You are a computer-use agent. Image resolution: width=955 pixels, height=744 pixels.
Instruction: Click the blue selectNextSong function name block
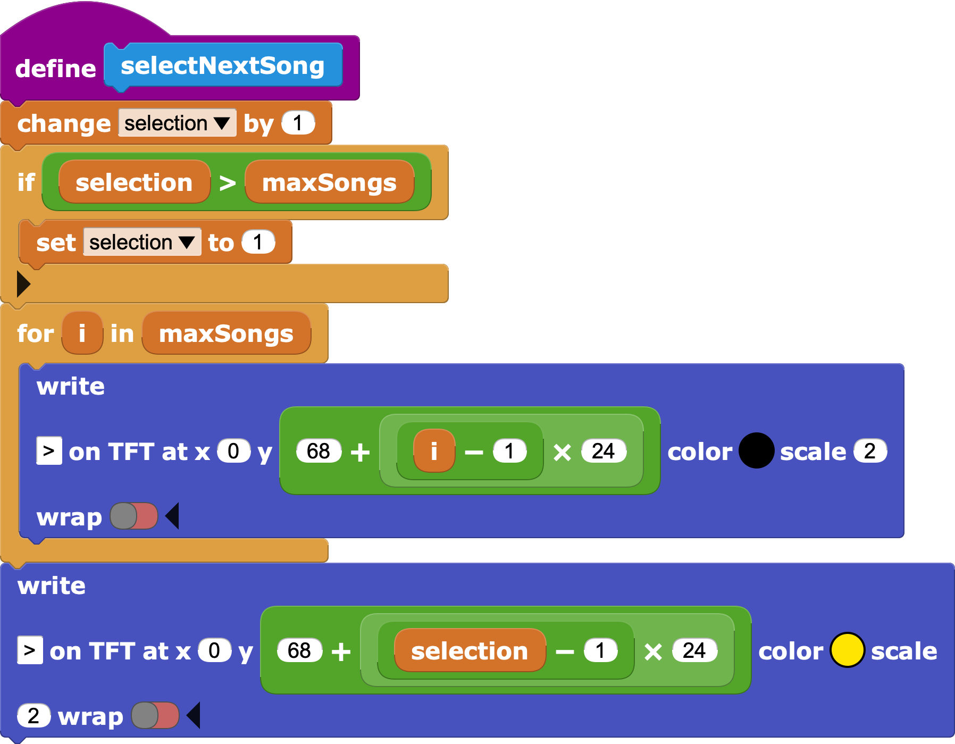coord(223,66)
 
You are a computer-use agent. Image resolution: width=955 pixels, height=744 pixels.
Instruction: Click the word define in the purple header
coord(55,69)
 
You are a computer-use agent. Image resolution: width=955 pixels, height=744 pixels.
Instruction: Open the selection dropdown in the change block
coord(177,123)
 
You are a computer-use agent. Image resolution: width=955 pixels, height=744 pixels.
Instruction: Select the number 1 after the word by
coord(298,123)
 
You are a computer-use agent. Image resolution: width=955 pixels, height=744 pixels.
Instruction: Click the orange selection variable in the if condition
coord(134,182)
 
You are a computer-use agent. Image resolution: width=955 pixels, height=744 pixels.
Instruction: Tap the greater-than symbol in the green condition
coord(228,183)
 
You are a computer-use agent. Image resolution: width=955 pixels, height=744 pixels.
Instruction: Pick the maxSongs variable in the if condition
coord(329,182)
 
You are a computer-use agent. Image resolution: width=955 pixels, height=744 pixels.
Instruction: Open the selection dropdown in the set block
coord(142,243)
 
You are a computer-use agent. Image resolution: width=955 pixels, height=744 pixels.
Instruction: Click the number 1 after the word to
coord(258,243)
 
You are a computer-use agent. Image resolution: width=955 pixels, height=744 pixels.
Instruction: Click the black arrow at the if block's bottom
coord(23,283)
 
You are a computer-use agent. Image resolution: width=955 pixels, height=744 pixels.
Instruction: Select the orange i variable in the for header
coord(82,333)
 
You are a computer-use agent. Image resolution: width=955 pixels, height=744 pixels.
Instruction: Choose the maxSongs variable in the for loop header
coord(226,333)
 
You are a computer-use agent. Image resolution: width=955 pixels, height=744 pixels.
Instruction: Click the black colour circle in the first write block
coord(756,451)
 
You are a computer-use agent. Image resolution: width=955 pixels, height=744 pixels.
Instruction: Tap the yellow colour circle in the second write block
coord(847,650)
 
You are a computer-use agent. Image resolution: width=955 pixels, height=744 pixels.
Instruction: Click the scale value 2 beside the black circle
coord(870,451)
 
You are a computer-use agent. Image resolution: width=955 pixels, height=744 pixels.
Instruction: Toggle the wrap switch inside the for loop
coord(134,516)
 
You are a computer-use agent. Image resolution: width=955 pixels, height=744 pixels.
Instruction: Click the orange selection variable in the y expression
coord(470,651)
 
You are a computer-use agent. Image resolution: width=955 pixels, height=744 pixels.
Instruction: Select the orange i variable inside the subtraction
coord(434,452)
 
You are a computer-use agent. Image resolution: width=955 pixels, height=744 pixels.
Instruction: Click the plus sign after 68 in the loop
coord(360,452)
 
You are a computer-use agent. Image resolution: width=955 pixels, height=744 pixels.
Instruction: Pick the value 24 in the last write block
coord(694,650)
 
